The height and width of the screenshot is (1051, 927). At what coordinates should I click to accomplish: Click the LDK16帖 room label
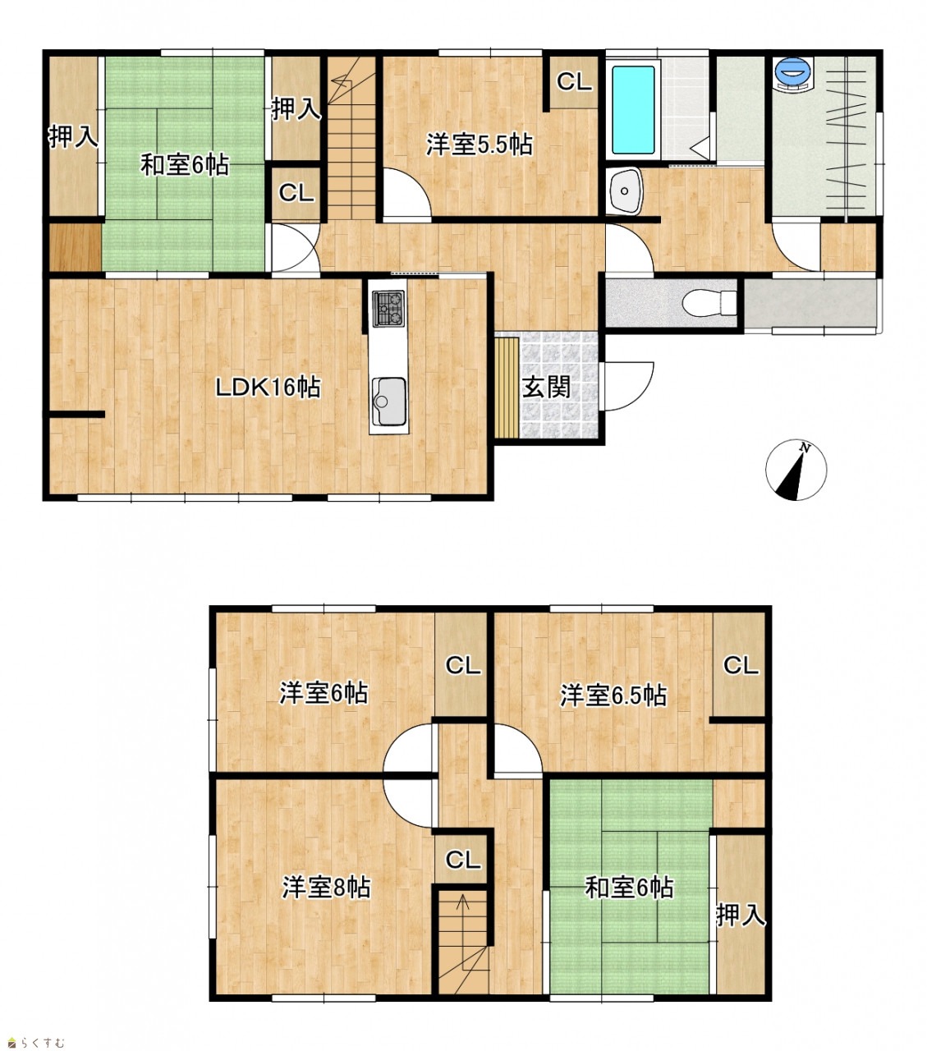point(268,388)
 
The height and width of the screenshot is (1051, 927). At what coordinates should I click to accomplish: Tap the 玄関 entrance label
point(546,388)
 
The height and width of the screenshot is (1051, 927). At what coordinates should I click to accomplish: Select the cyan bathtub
point(633,109)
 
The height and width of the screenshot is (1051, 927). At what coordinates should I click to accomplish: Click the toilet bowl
point(709,303)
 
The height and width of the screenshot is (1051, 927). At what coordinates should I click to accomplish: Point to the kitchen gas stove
point(388,309)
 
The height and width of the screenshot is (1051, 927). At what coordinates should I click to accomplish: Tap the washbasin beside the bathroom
point(625,190)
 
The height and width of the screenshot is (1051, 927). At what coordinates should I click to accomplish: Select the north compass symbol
point(796,470)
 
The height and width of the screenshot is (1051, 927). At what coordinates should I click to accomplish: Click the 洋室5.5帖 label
point(480,145)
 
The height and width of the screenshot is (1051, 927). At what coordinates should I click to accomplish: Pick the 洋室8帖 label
point(326,888)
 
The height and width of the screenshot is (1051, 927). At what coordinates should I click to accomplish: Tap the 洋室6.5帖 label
point(613,695)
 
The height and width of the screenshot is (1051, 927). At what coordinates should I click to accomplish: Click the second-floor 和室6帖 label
point(629,888)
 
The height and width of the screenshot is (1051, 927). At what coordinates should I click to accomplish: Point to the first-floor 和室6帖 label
point(185,166)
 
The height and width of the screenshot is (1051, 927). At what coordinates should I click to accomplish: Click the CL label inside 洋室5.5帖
point(574,82)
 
